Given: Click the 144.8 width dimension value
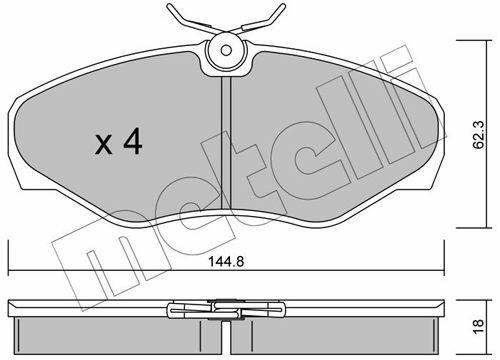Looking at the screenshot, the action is (x=226, y=262).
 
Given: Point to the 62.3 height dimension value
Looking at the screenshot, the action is (x=480, y=135).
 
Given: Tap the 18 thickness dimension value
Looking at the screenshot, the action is (x=478, y=327).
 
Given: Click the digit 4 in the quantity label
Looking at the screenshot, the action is (x=133, y=142).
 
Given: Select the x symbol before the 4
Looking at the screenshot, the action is (x=104, y=145).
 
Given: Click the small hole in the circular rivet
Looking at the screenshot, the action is (x=226, y=51).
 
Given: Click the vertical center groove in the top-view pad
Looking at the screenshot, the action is (x=226, y=143).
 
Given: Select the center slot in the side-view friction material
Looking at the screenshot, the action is (x=226, y=337).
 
